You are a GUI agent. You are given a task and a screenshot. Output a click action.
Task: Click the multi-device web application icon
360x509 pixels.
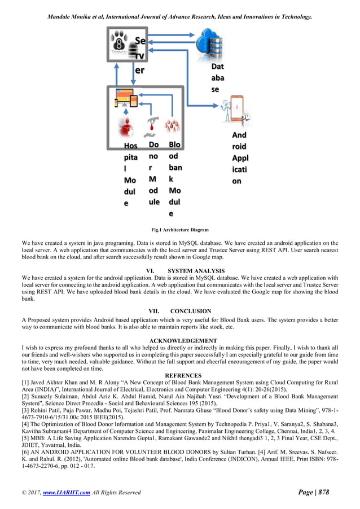(x=125, y=98)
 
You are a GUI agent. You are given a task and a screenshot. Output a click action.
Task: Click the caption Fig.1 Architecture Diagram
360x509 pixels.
(x=180, y=230)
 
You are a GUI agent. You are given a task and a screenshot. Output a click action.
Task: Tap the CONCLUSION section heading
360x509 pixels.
(x=191, y=311)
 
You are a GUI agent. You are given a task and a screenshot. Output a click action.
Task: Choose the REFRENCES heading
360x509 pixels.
(x=182, y=375)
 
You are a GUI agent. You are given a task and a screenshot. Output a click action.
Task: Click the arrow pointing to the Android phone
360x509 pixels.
(x=217, y=105)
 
